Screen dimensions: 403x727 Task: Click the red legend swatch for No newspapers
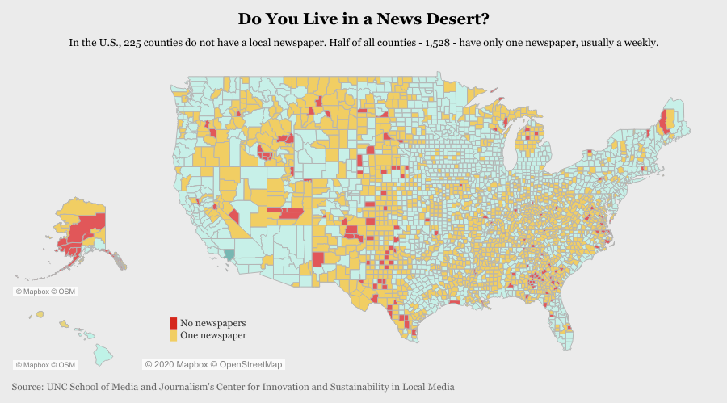coord(173,323)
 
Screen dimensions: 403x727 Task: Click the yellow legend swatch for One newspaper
coord(173,335)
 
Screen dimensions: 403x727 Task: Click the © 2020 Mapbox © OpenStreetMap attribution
coord(214,364)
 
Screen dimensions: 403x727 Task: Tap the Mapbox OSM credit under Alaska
coord(46,291)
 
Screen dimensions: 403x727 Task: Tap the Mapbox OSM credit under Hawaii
coord(46,365)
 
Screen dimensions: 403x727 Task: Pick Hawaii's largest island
coord(103,354)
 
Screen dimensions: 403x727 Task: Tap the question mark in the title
coord(484,18)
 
